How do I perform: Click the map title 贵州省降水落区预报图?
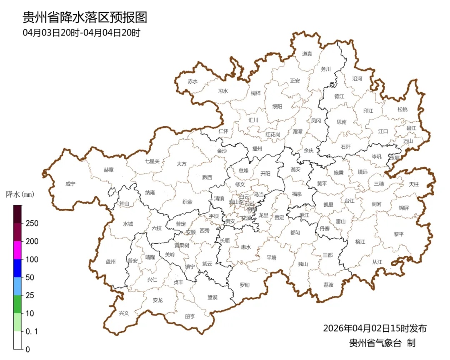coord(85,18)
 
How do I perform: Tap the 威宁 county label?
coord(71,184)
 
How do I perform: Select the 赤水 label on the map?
coord(192,82)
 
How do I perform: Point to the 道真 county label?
coord(307,54)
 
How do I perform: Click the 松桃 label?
coord(402,109)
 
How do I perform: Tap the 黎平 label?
coord(399,234)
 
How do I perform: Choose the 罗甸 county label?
coord(245,285)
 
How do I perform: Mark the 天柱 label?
coord(414,184)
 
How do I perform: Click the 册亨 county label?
coord(190,316)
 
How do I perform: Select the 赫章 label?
coord(108,170)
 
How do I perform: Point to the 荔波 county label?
coord(328,285)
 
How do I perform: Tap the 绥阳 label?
coord(277,107)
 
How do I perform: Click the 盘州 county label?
coord(110,262)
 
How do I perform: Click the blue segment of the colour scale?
coord(17,268)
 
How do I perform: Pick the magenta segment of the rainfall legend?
coord(17,250)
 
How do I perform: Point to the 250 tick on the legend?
coord(32,223)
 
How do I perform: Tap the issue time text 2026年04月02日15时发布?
coord(375,328)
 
